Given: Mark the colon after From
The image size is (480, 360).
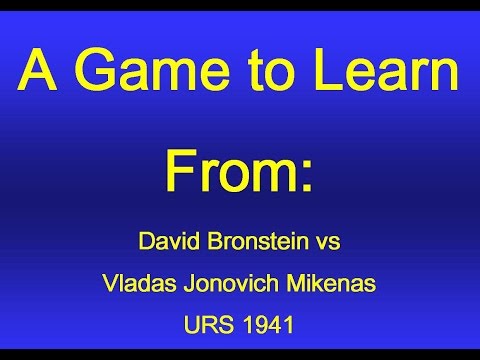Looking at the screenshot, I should pyautogui.click(x=306, y=174).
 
